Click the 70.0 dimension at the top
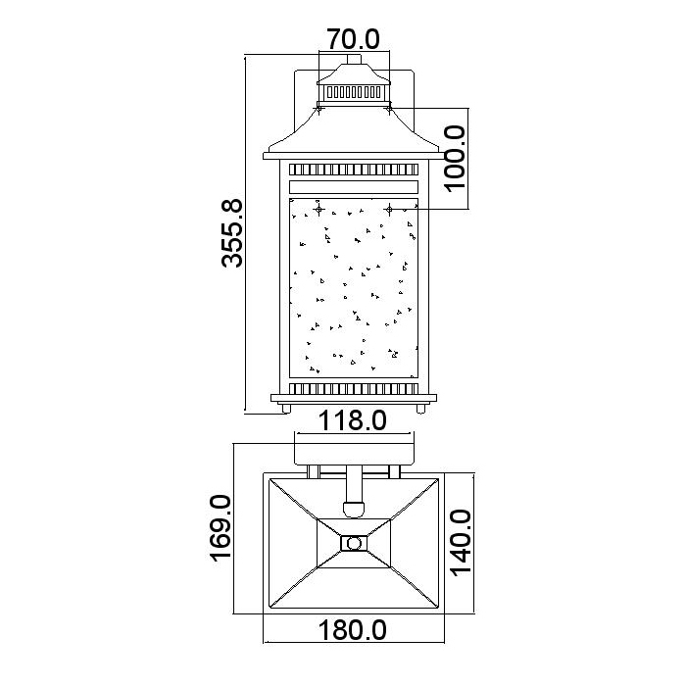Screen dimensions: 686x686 click(354, 39)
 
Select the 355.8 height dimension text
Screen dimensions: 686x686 click(231, 233)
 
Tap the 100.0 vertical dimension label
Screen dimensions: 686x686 click(455, 159)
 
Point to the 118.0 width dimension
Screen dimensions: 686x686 click(352, 420)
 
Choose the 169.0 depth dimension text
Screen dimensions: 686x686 click(220, 527)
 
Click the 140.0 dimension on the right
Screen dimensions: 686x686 click(461, 543)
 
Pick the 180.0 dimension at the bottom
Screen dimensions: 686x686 click(352, 630)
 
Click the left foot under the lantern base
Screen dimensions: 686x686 click(286, 409)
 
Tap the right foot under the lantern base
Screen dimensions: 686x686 click(420, 409)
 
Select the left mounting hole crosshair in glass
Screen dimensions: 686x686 click(318, 210)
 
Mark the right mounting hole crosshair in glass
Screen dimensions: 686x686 click(389, 210)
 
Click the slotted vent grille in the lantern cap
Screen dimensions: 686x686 click(354, 92)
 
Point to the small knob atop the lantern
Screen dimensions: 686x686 click(354, 59)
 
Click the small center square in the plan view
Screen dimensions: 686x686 click(354, 543)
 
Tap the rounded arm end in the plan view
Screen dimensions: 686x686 click(354, 509)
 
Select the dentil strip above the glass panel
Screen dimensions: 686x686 click(354, 170)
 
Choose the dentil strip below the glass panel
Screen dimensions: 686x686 click(354, 388)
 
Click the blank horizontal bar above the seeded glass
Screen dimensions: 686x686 click(354, 187)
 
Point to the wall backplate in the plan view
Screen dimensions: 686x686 click(354, 454)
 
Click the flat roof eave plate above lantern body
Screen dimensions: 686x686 click(352, 156)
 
